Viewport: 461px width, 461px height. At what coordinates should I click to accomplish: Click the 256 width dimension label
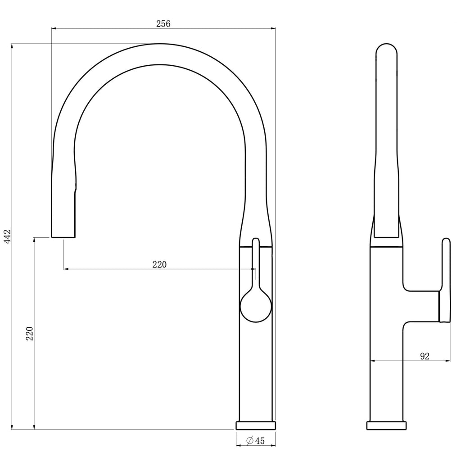[x=163, y=23]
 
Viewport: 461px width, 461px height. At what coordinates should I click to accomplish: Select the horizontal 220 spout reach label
[x=159, y=265]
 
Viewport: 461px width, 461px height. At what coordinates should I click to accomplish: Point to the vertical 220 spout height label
[x=30, y=334]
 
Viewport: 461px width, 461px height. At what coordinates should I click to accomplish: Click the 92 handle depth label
[x=425, y=357]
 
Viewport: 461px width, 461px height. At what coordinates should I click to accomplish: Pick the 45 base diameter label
[x=260, y=441]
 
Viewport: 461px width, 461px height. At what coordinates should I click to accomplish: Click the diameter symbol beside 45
[x=250, y=440]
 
